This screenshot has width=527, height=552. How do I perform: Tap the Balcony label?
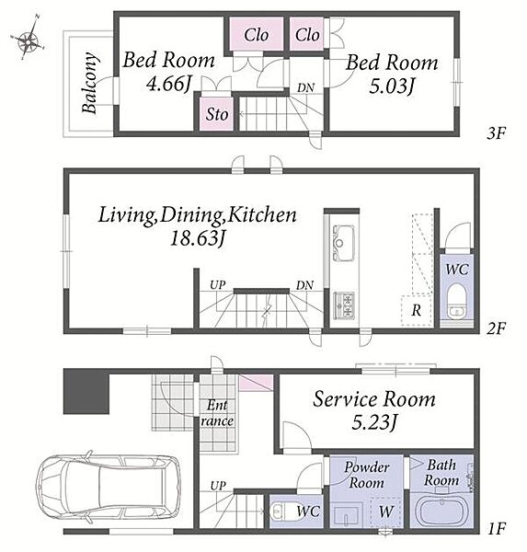pyautogui.click(x=89, y=83)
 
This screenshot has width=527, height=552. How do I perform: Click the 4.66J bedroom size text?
pyautogui.click(x=168, y=84)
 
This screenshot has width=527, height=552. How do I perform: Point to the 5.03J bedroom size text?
pyautogui.click(x=392, y=86)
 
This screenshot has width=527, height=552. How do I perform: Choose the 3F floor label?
pyautogui.click(x=496, y=133)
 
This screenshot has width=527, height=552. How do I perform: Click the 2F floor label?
pyautogui.click(x=496, y=328)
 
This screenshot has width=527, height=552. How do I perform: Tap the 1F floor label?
pyautogui.click(x=496, y=528)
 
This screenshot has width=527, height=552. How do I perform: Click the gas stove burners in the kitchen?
pyautogui.click(x=343, y=305)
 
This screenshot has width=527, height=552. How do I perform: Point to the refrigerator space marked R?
pyautogui.click(x=416, y=310)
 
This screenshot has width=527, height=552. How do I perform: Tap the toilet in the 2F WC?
pyautogui.click(x=456, y=300)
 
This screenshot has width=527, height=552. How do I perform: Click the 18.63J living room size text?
pyautogui.click(x=197, y=238)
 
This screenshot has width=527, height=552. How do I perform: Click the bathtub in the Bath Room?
pyautogui.click(x=441, y=511)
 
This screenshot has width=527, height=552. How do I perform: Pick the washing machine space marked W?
pyautogui.click(x=386, y=512)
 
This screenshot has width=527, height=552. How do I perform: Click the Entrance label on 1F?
pyautogui.click(x=217, y=412)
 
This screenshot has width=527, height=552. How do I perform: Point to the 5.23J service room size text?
pyautogui.click(x=374, y=422)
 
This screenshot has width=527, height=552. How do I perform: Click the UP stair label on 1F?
pyautogui.click(x=218, y=486)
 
